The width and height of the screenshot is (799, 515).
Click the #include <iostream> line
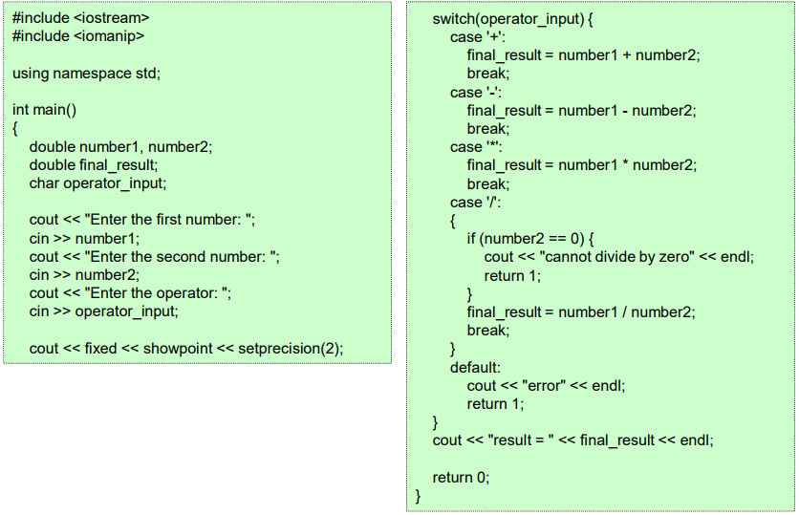click(x=81, y=18)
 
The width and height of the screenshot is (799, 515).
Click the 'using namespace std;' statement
click(x=86, y=74)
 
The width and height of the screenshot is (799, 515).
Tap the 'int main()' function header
click(x=45, y=110)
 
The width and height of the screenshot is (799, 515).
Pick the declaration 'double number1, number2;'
click(x=120, y=147)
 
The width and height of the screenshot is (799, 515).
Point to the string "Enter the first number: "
click(x=170, y=220)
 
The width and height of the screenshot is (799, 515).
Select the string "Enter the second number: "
click(x=182, y=257)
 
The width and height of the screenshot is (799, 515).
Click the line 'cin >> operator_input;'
click(x=103, y=311)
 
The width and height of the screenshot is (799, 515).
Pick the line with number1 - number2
click(x=581, y=111)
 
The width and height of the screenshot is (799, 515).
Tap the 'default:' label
click(x=475, y=367)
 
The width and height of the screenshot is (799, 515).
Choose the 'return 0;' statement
click(x=461, y=478)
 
